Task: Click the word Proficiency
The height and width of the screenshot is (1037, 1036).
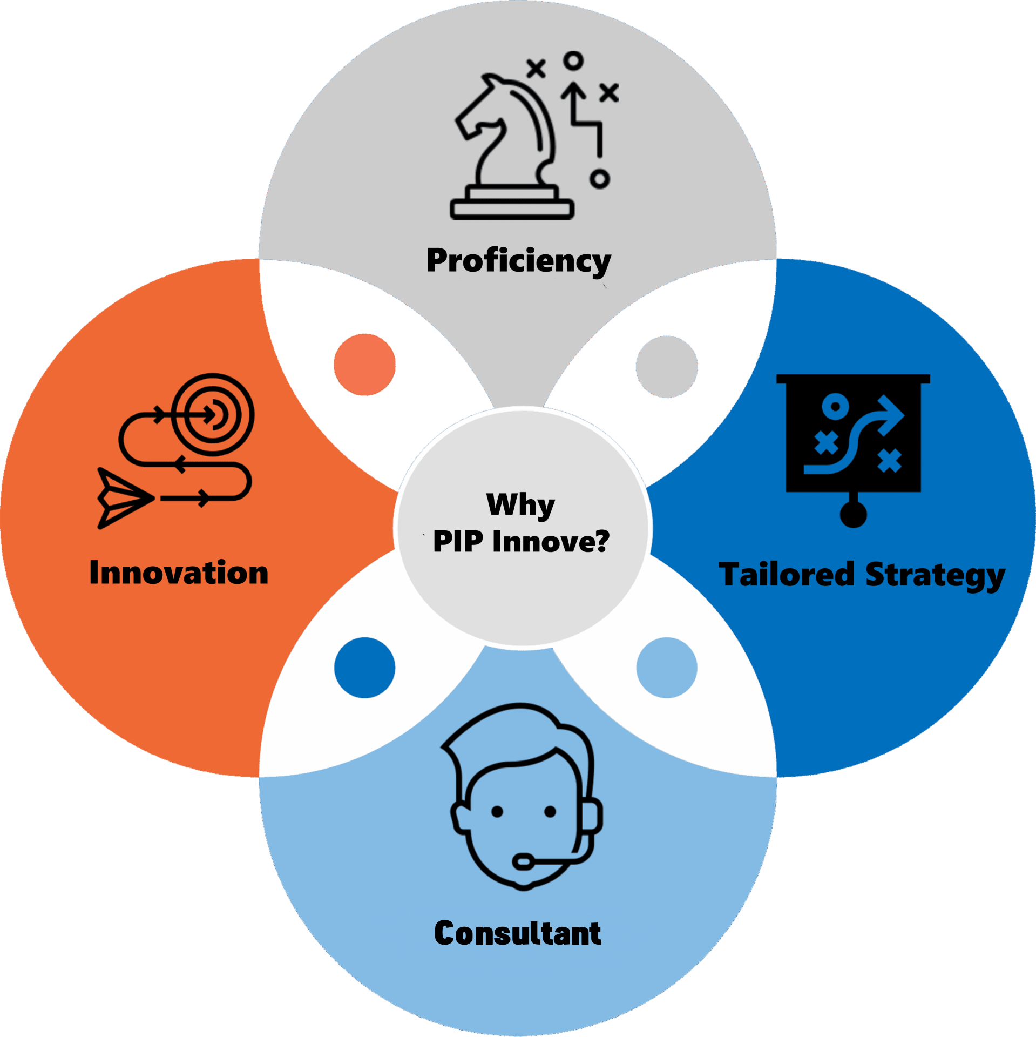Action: click(518, 261)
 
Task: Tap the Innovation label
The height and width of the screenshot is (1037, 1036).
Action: click(179, 573)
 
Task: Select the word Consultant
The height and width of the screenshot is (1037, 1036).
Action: click(517, 933)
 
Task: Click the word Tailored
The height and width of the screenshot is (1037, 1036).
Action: click(786, 574)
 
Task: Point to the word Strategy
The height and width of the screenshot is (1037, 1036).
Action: click(935, 576)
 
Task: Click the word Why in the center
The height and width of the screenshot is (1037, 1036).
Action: click(520, 505)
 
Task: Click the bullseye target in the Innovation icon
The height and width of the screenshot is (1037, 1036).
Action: click(213, 415)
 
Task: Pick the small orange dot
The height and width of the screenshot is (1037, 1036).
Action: click(364, 365)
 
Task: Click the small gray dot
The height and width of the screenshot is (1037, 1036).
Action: click(667, 367)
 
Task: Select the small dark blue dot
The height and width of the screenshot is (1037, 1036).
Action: click(364, 668)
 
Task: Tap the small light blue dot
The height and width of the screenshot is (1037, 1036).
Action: click(667, 668)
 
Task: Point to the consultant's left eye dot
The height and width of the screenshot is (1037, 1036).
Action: click(497, 811)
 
